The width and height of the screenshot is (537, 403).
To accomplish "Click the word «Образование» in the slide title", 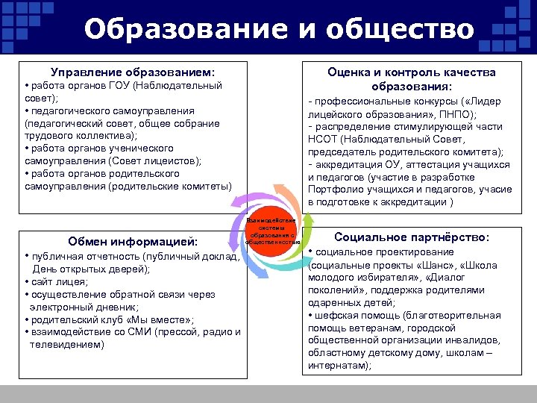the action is pos(175,29).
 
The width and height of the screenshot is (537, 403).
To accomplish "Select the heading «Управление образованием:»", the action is pos(133,72).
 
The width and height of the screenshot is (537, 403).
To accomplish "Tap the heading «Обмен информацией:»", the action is pos(133,241).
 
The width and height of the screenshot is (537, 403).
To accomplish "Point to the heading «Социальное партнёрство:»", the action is pos(412,237).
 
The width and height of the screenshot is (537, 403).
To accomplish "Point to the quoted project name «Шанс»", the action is pos(437,265).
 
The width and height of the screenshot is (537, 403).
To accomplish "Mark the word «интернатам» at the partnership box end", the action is pos(336,366).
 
